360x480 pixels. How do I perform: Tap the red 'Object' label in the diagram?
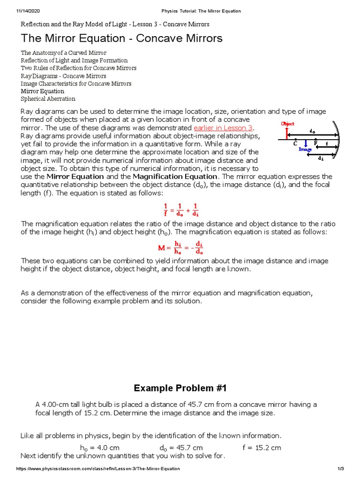tap(287, 124)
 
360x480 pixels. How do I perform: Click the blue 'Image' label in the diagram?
tap(305, 150)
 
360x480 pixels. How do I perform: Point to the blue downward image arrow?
tap(306, 143)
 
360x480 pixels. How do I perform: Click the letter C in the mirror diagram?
tap(295, 143)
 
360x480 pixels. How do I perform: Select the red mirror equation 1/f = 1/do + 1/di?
tap(180, 210)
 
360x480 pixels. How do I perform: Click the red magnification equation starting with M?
tap(180, 247)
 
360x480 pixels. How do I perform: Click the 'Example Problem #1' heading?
tap(180, 388)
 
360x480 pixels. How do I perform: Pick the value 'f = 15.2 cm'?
tap(262, 448)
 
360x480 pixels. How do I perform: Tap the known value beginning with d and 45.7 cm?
tap(181, 448)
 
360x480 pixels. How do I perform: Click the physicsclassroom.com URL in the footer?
tap(97, 469)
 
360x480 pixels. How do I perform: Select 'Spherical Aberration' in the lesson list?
tap(48, 99)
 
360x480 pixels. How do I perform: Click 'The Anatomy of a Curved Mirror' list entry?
tap(63, 53)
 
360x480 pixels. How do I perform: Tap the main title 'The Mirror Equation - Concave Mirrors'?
tap(122, 38)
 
